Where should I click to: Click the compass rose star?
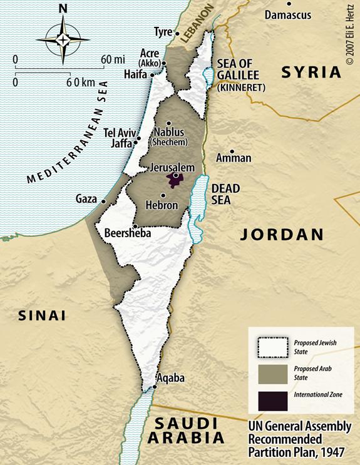[x=63, y=39]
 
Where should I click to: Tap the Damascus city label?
[x=289, y=14]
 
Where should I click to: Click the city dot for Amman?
[x=232, y=151]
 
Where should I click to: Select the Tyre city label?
[x=163, y=32]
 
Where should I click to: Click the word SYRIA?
[x=311, y=71]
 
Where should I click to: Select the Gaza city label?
[x=86, y=199]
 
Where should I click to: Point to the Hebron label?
[x=162, y=205]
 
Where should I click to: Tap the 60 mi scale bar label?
[x=113, y=59]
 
